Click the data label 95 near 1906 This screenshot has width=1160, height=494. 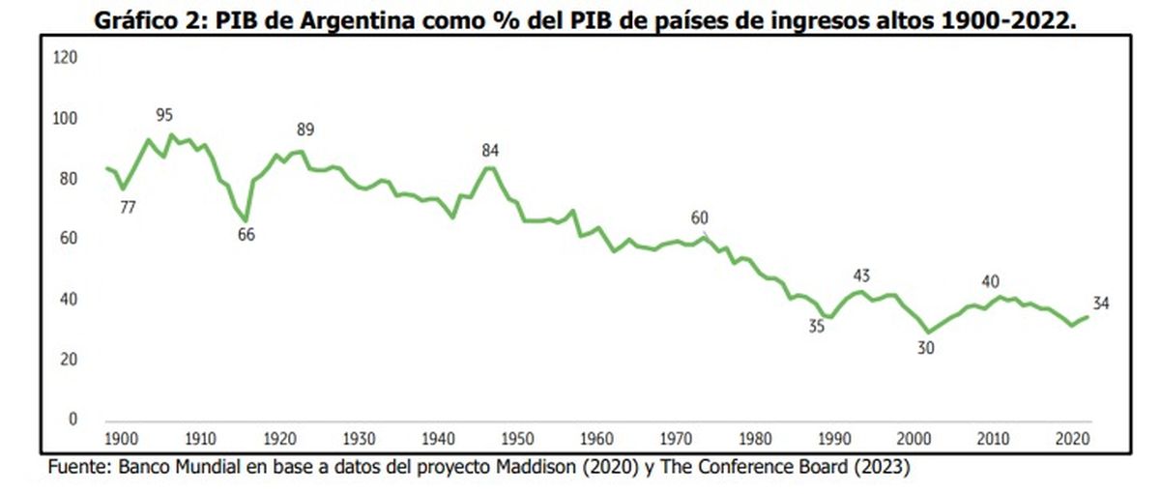163,116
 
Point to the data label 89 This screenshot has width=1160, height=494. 305,131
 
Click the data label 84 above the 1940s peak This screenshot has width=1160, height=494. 491,150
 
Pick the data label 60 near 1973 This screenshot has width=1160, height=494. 700,218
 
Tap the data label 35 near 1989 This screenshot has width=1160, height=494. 817,327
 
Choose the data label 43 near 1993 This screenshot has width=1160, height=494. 862,276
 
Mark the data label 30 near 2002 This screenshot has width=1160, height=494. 925,349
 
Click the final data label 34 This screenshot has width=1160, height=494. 1101,304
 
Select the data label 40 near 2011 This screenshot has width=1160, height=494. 990,281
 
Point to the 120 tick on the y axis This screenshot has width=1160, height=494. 66,58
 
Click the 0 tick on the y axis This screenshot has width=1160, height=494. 72,420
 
